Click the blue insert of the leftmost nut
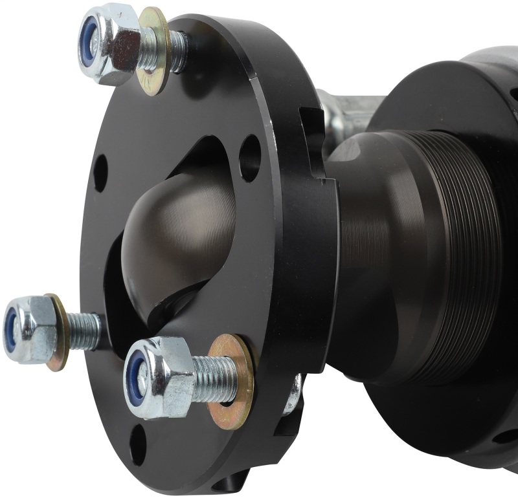(11, 329)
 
